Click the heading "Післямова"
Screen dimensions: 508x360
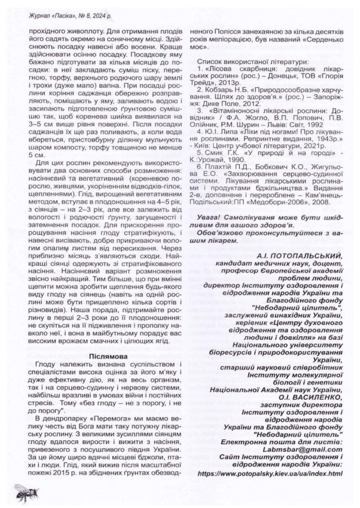[x=107, y=356]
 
